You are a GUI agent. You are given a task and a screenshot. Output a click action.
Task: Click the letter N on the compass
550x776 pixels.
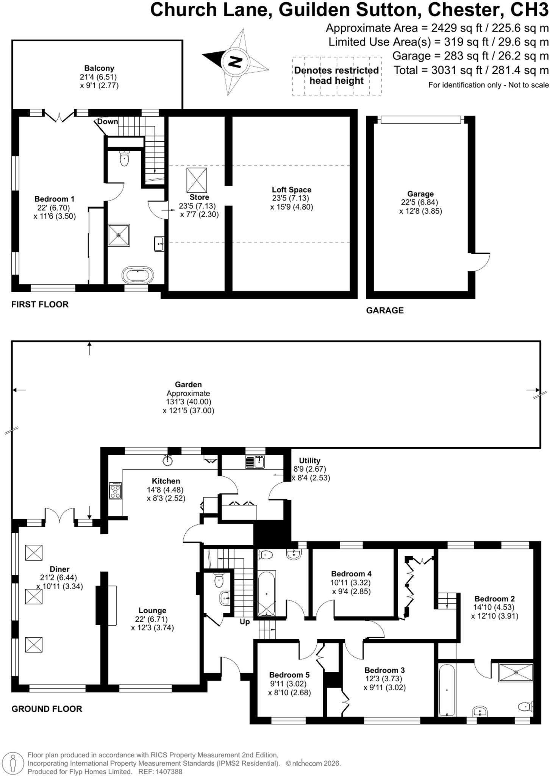[x=235, y=61]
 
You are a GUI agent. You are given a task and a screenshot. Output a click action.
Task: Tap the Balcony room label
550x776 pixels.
[x=99, y=68]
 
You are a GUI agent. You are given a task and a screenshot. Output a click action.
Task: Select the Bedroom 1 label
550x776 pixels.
[x=55, y=199]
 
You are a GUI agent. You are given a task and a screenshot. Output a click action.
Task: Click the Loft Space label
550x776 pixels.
[x=291, y=190]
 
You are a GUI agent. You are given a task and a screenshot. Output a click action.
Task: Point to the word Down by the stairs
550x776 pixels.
[x=108, y=122]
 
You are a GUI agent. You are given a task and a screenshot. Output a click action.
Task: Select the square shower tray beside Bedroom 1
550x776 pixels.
[x=119, y=235]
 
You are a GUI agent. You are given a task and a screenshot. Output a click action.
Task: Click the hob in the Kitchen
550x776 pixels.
[x=116, y=491]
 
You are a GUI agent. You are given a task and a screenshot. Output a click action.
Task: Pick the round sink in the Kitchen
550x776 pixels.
[x=168, y=460]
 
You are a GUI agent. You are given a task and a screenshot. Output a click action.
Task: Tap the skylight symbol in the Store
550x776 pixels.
[x=197, y=180]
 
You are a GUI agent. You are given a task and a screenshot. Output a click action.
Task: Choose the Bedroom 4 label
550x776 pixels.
[x=351, y=574]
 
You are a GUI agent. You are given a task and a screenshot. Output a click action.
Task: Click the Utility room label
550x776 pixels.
[x=309, y=461]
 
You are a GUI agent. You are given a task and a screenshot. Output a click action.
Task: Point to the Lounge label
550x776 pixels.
[x=152, y=610]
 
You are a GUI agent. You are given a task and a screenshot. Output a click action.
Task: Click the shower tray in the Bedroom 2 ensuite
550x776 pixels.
[x=516, y=673]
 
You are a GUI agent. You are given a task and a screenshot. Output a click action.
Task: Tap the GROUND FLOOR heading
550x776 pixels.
[x=47, y=709]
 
